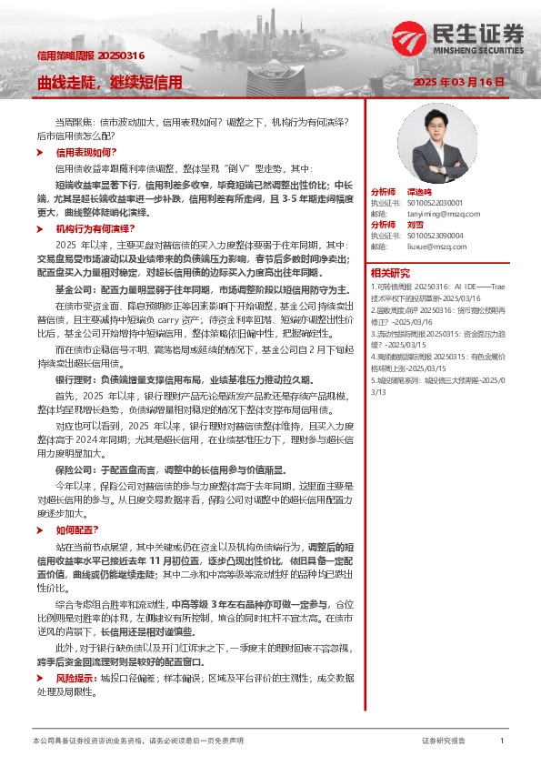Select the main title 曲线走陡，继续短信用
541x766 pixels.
coord(109,82)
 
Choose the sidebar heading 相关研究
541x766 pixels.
coord(390,273)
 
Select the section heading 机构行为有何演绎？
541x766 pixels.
coord(95,228)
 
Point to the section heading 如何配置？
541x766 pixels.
coord(79,529)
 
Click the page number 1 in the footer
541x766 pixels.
coord(502,741)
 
